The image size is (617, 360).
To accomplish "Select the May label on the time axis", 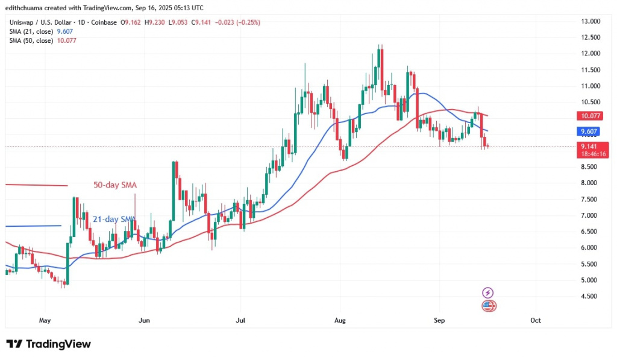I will tap(45, 320).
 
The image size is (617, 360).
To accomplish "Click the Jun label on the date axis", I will tap(143, 320).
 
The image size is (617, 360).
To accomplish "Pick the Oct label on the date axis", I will tap(535, 320).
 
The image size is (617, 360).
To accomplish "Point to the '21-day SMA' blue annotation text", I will tap(113, 219).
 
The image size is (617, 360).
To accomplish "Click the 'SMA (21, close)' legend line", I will tap(35, 31).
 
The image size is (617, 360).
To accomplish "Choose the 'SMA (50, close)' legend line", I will tap(35, 40).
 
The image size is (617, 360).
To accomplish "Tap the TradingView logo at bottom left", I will tap(49, 344).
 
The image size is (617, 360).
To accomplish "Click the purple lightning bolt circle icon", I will tap(489, 292).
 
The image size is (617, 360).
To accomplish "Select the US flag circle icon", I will tap(489, 306).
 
